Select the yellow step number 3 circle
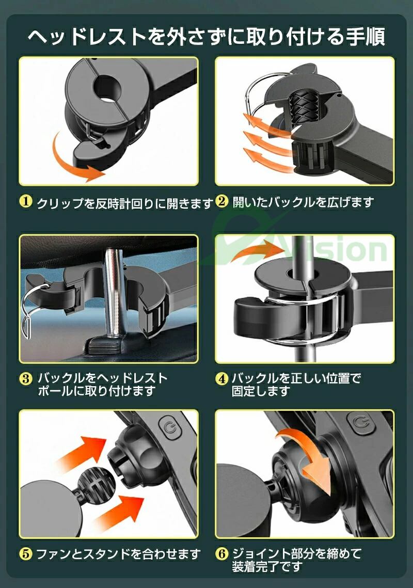click(25, 378)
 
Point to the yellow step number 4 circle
click(221, 378)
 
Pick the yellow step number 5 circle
click(25, 553)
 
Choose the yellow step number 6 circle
click(221, 553)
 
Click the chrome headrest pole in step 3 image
click(115, 293)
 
